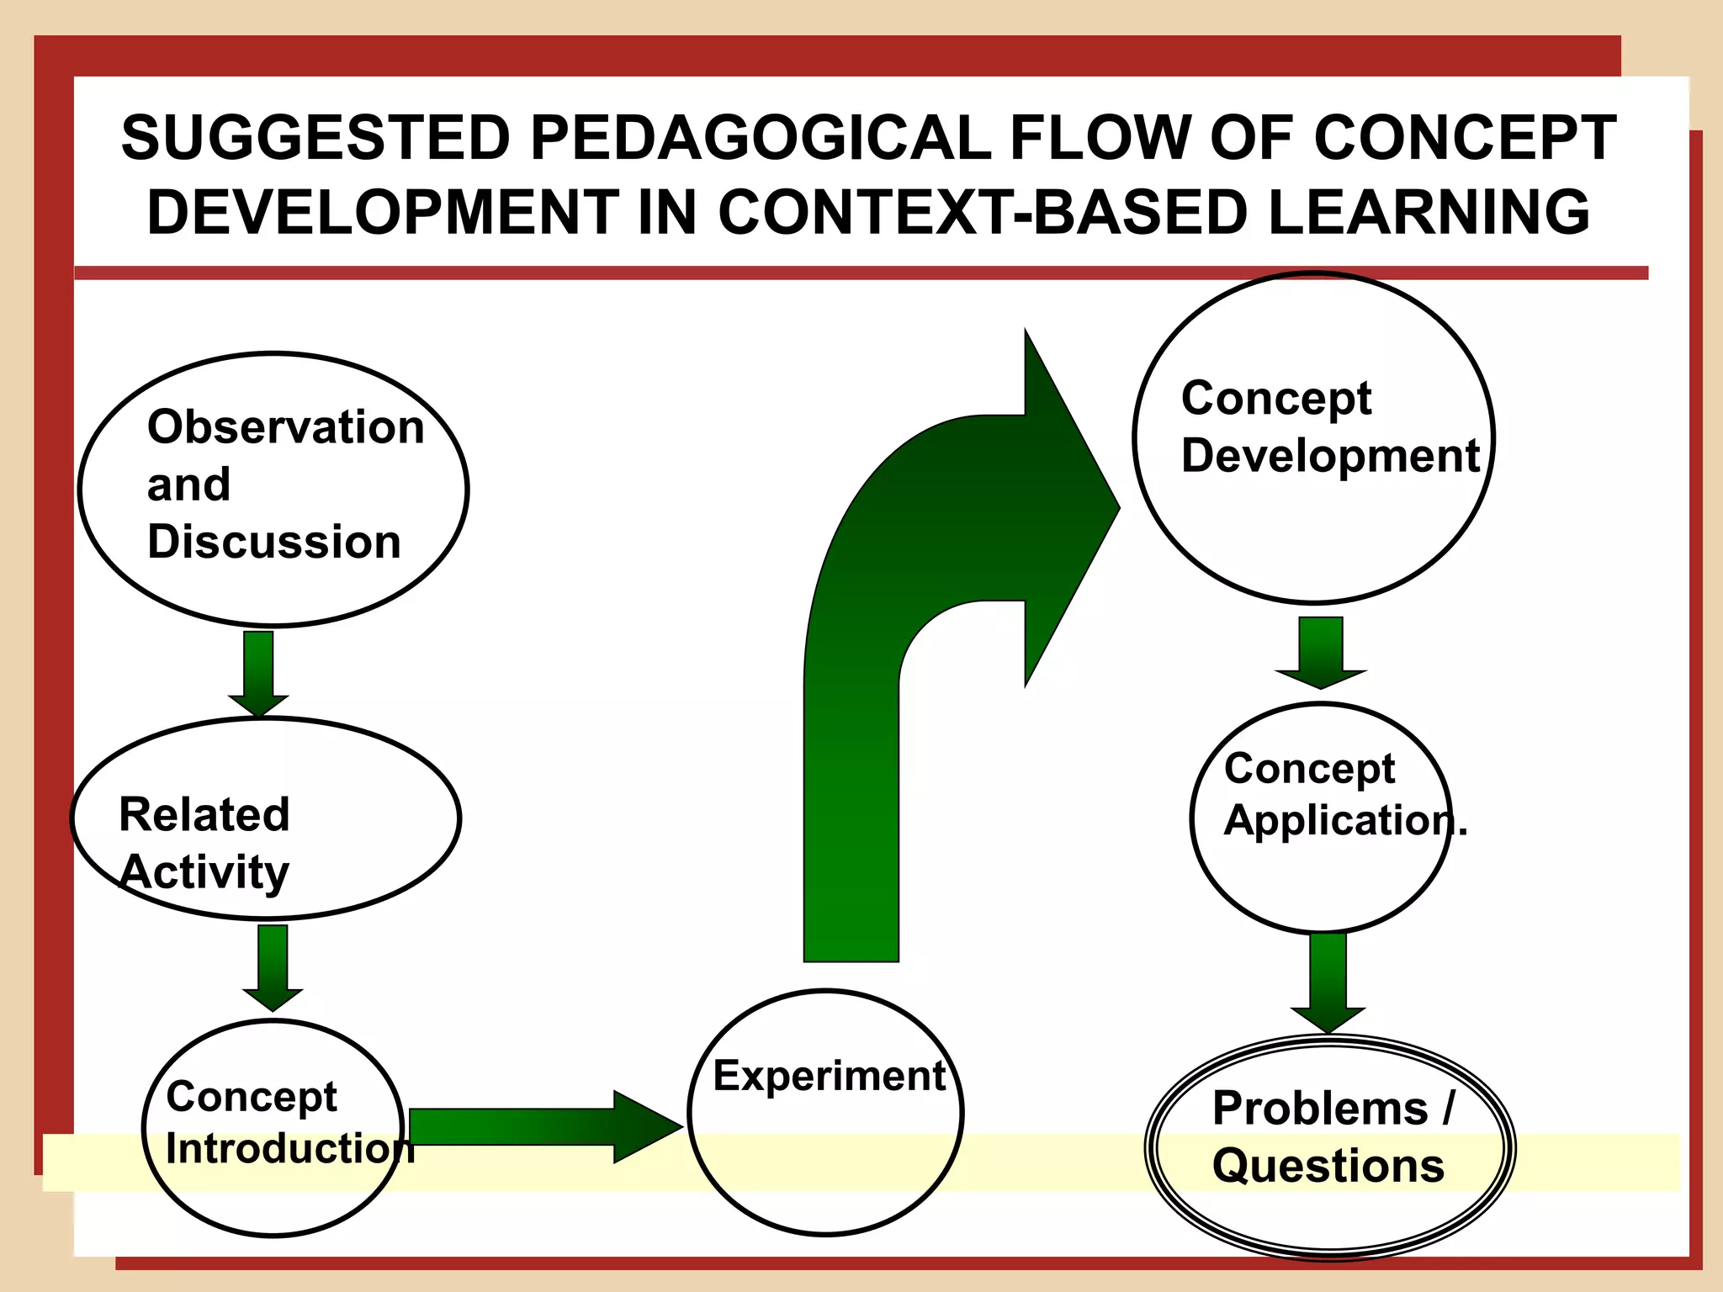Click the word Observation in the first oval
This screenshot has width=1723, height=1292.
(x=285, y=427)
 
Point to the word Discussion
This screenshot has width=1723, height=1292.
(x=274, y=542)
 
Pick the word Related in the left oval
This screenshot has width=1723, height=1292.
(x=204, y=814)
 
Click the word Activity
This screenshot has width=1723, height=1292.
(x=204, y=872)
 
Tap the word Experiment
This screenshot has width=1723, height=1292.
(x=830, y=1076)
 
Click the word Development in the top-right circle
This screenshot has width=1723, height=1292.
(x=1330, y=456)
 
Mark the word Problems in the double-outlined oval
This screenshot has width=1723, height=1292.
(x=1320, y=1108)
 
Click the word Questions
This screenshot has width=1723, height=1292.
(x=1328, y=1166)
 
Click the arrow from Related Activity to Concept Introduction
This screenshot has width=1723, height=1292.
(x=273, y=967)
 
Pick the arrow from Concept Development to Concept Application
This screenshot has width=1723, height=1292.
(x=1321, y=653)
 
